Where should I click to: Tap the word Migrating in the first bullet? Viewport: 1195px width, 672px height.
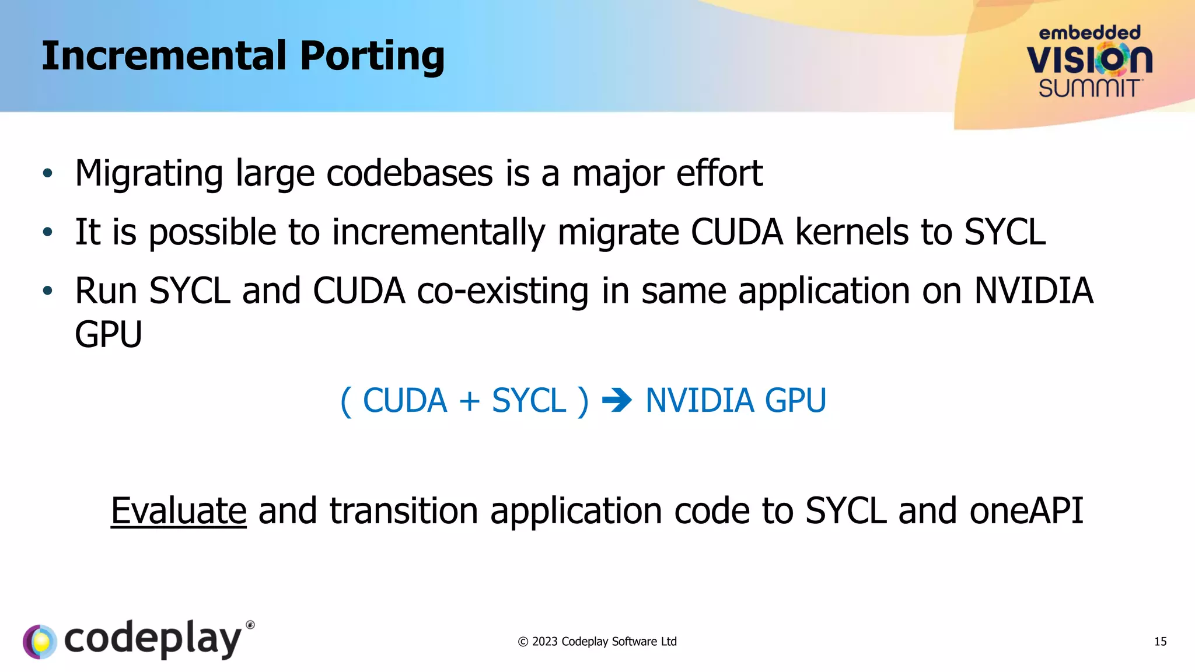[x=149, y=174]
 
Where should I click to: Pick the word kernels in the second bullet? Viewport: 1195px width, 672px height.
[x=852, y=232]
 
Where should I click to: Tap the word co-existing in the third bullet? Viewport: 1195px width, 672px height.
[x=502, y=291]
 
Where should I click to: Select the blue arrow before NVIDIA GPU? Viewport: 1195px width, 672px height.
[x=617, y=401]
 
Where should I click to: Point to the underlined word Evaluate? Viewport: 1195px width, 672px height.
[x=179, y=511]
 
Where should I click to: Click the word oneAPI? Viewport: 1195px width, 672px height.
[x=1026, y=511]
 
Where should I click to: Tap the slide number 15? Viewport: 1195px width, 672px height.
[x=1160, y=642]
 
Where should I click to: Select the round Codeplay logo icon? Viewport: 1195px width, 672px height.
[x=40, y=642]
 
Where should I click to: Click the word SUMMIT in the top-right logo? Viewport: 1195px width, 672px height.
[x=1089, y=89]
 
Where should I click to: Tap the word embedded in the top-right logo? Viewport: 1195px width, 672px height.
[x=1089, y=33]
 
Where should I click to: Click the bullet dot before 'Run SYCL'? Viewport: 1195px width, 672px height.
[x=48, y=290]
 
